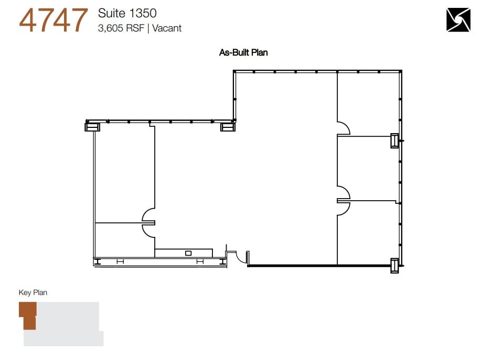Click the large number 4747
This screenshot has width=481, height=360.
(53, 20)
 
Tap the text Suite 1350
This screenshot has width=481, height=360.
(127, 13)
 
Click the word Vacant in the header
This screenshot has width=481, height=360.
(167, 28)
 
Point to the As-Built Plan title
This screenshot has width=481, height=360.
(243, 52)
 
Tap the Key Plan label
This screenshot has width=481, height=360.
(33, 292)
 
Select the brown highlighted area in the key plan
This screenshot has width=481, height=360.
(28, 317)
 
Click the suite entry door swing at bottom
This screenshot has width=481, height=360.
(242, 256)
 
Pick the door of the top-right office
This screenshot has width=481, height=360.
(343, 128)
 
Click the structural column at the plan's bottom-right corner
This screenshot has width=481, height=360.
(394, 266)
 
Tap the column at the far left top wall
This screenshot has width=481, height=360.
(92, 126)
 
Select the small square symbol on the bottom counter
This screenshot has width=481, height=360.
(188, 253)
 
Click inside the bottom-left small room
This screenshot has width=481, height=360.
(124, 239)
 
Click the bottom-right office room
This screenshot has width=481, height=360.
(367, 233)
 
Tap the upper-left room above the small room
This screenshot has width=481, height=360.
(124, 173)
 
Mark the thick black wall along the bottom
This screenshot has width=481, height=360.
(292, 266)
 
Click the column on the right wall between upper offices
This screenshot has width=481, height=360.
(394, 140)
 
